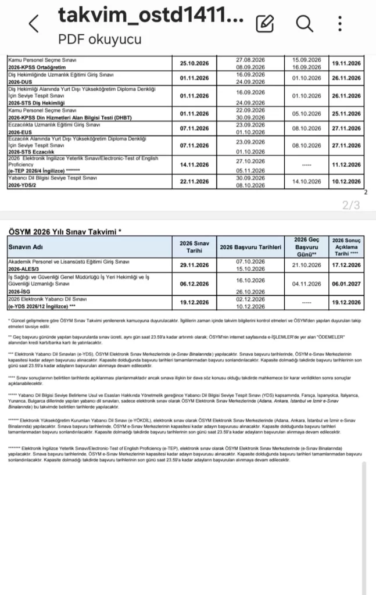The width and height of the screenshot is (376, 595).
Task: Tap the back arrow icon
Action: [x=34, y=24]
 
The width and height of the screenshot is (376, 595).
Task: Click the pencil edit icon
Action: [x=264, y=23]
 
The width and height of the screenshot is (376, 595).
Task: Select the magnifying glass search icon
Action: [x=304, y=23]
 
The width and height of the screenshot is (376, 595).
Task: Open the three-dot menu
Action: [x=341, y=23]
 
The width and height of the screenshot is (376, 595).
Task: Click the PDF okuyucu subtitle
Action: [x=99, y=39]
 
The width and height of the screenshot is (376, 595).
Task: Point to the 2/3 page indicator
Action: [x=351, y=205]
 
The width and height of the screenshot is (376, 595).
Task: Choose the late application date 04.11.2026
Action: [x=306, y=284]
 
